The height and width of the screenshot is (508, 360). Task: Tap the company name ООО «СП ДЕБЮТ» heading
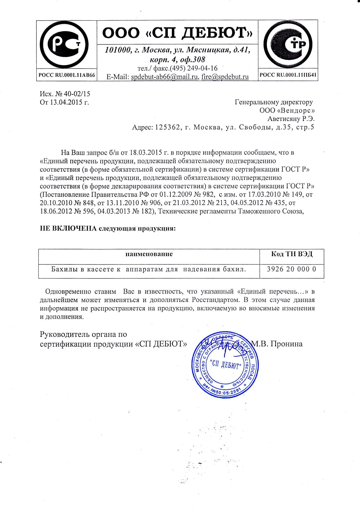pyautogui.click(x=177, y=33)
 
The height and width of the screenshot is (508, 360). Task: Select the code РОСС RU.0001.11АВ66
pyautogui.click(x=67, y=75)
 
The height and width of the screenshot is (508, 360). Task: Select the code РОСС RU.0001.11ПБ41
pyautogui.click(x=288, y=75)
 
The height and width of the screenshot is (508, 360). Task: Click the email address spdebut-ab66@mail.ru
pyautogui.click(x=164, y=77)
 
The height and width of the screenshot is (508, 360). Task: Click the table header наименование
pyautogui.click(x=149, y=254)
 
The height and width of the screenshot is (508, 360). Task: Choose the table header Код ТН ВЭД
pyautogui.click(x=292, y=254)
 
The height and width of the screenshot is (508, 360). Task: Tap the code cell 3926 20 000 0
pyautogui.click(x=291, y=269)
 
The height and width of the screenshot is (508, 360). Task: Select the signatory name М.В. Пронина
pyautogui.click(x=277, y=344)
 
